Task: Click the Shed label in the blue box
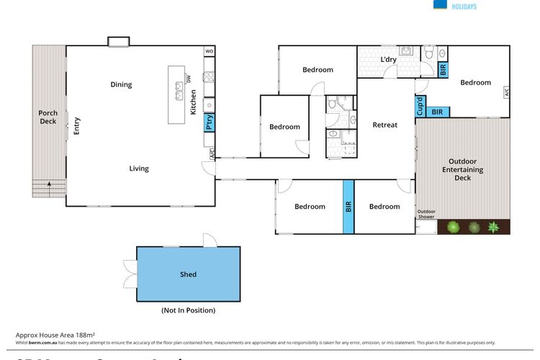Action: click(188, 274)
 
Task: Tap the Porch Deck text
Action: click(48, 117)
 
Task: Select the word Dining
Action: click(121, 85)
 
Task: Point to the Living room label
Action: click(139, 168)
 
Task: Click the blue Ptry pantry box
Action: click(209, 122)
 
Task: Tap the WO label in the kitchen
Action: click(210, 52)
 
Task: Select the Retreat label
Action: click(384, 125)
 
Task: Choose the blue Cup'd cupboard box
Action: click(420, 106)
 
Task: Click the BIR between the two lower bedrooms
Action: click(348, 207)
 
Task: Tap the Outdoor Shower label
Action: click(428, 213)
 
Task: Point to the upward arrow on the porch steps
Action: click(49, 186)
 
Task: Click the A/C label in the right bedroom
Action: click(506, 92)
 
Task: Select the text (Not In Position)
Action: click(188, 310)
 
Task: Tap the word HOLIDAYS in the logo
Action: click(465, 6)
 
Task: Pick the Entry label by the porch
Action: click(77, 126)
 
